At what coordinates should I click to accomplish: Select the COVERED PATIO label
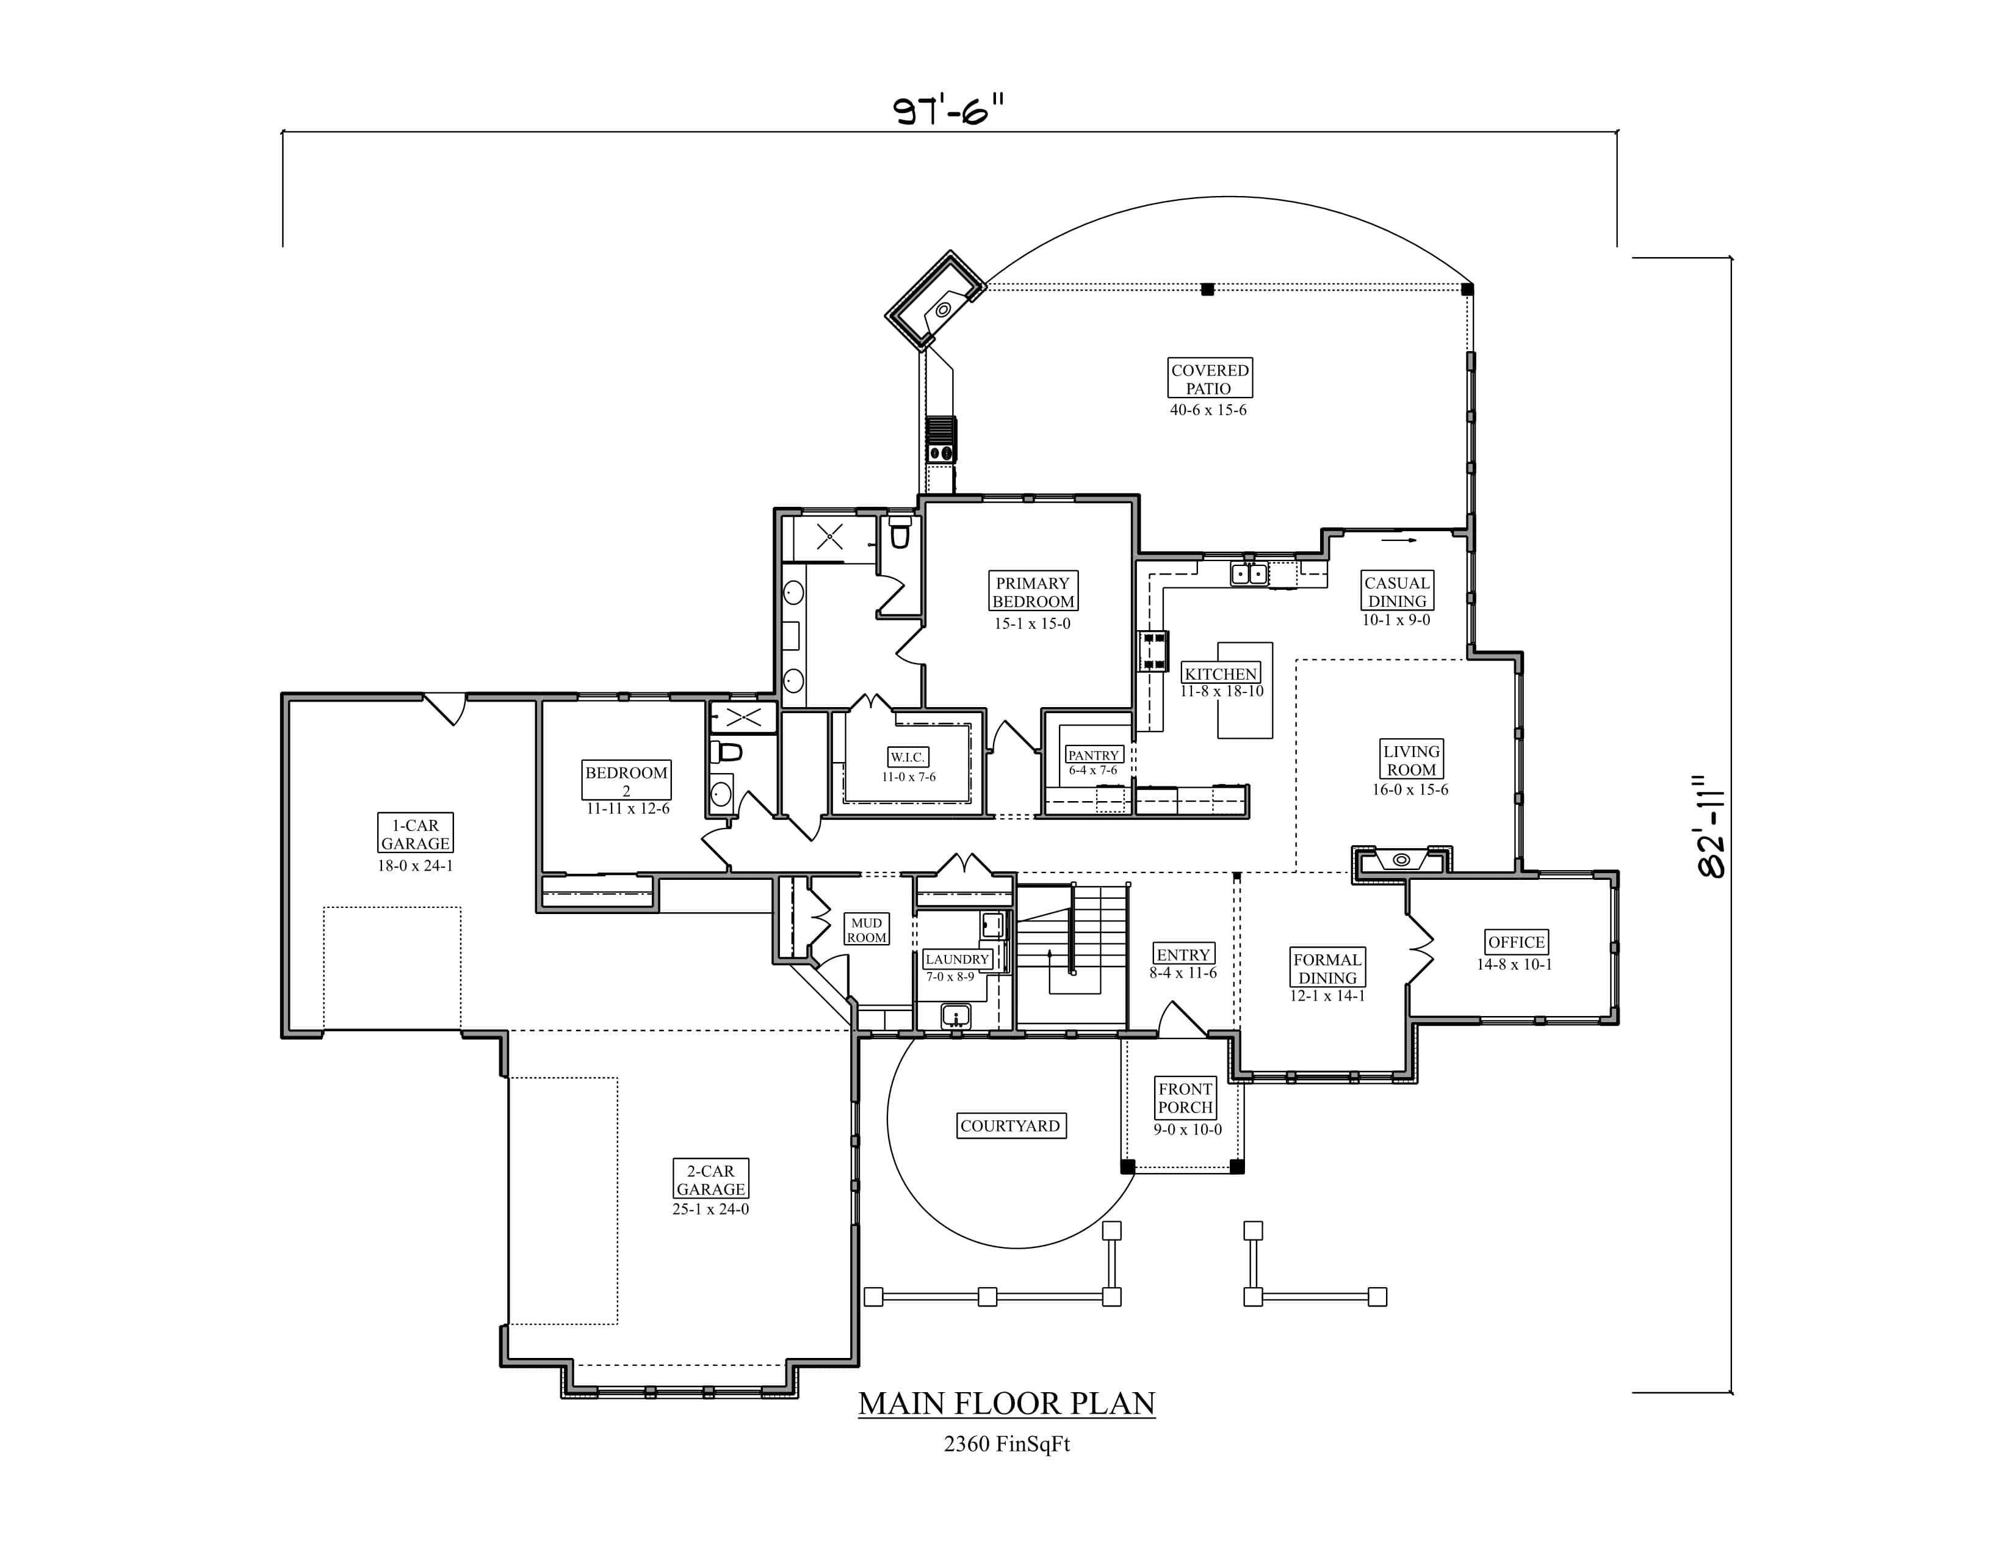coord(1209,378)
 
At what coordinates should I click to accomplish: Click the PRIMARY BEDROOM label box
coord(1032,592)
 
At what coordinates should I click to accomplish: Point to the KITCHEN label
coord(1220,673)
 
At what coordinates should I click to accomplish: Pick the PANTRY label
coord(1094,755)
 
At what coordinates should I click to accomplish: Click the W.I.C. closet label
coord(908,757)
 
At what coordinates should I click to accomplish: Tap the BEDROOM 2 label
coord(626,780)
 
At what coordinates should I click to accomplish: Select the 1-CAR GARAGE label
coord(415,834)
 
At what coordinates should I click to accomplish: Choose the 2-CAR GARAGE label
coord(710,1180)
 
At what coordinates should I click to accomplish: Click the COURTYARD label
coord(1010,1125)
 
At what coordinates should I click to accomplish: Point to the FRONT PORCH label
coord(1185,1098)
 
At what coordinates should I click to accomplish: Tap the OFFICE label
coord(1516,942)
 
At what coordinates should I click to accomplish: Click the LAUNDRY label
coord(957,959)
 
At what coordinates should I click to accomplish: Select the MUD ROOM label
coord(866,930)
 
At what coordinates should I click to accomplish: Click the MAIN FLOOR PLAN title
coord(1006,1403)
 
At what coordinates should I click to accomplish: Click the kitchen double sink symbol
coord(1249,574)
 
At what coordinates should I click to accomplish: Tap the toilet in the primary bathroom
coord(900,533)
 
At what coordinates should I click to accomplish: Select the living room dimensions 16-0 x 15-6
coord(1410,789)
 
